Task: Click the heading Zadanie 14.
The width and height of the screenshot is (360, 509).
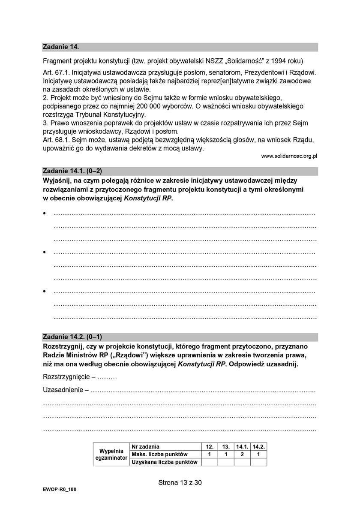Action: click(61, 46)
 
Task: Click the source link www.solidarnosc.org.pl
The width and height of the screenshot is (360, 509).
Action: click(289, 157)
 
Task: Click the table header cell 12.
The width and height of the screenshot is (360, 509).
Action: click(210, 446)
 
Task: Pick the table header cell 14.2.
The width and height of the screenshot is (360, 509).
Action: click(258, 446)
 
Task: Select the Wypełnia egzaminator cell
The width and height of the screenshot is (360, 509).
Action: click(111, 454)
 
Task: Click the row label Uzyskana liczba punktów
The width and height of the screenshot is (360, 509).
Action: click(165, 462)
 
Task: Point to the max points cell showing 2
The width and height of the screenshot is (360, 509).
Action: click(242, 454)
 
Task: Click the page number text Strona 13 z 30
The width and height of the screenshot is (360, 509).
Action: click(180, 482)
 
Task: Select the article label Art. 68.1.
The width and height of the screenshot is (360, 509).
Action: click(57, 140)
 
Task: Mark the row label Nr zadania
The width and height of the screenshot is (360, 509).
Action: click(146, 446)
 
